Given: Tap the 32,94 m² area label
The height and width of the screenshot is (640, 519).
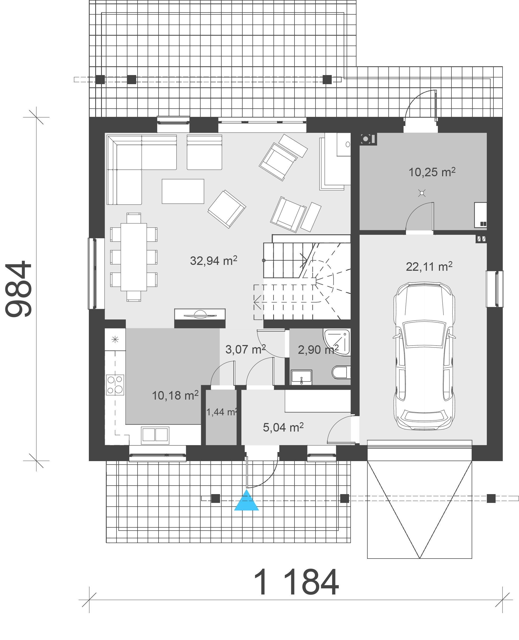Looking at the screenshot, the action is tap(213, 260).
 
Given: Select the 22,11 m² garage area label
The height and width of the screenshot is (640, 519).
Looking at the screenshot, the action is tap(429, 266).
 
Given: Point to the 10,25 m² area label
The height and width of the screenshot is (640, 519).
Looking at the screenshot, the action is tap(432, 172).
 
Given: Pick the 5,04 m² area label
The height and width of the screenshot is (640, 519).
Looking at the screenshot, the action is tap(283, 427).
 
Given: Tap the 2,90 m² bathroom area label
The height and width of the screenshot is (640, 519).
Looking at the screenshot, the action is tap(318, 350).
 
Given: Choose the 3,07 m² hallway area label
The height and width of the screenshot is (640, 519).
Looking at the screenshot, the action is tap(246, 349).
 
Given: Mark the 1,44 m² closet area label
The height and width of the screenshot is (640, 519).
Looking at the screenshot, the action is tap(222, 412).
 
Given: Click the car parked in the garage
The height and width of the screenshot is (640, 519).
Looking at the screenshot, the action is tap(424, 356).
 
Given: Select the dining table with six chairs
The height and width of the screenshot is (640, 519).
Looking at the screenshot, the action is tap(134, 257).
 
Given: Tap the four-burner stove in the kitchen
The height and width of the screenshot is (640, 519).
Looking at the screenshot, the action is tap(115, 385).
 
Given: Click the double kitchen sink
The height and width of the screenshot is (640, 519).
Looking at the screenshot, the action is tap(155, 435).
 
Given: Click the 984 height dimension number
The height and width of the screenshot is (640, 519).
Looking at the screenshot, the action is tap(19, 289).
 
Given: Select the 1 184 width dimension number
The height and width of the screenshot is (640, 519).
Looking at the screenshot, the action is tap(296, 582).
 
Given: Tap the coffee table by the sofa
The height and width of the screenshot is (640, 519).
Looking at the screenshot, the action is tap(183, 191).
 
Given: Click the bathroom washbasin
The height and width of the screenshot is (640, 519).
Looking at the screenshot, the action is tap(301, 377).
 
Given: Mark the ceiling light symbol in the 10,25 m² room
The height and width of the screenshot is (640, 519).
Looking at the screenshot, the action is tap(422, 193).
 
